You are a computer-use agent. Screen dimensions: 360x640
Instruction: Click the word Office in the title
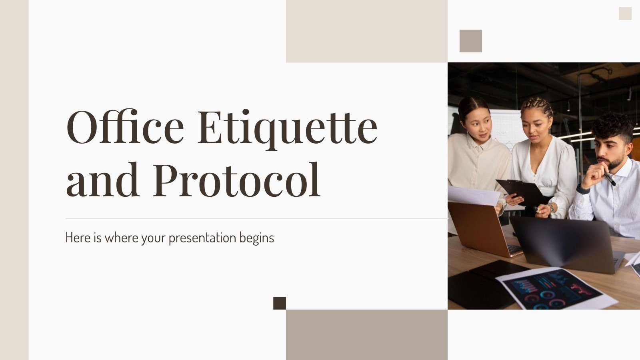(125, 127)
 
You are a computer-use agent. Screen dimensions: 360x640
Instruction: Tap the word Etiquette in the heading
(287, 127)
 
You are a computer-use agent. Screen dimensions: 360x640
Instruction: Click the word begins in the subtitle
(257, 238)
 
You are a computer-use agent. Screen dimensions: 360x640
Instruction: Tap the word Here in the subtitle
(78, 238)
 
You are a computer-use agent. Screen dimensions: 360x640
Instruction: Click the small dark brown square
(280, 303)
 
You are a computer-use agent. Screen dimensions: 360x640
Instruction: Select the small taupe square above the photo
(471, 41)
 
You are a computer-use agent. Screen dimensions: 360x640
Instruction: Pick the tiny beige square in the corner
(625, 14)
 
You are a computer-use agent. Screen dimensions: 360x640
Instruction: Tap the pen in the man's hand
(610, 179)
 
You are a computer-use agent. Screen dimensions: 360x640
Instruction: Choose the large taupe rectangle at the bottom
(367, 335)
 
